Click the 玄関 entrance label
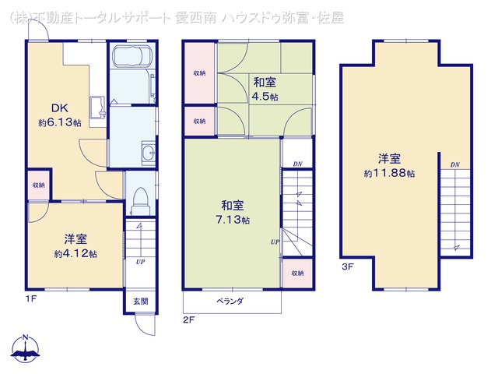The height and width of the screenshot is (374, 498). (x=139, y=302)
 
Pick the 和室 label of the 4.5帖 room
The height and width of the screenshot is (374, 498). (x=264, y=82)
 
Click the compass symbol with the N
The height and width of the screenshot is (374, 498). (x=26, y=350)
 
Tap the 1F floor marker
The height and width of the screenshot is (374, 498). (x=31, y=297)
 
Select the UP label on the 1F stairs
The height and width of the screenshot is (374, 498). (x=140, y=261)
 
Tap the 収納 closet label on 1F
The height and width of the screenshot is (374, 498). (x=38, y=185)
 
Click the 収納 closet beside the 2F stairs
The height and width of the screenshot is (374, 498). (x=297, y=273)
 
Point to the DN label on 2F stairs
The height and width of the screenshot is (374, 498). (x=297, y=164)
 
